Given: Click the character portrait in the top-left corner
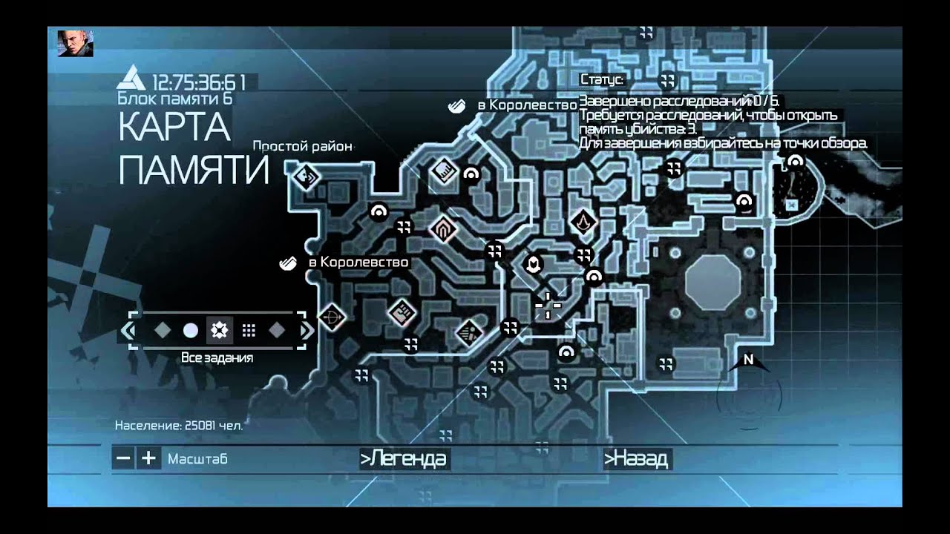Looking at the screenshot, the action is point(75,43).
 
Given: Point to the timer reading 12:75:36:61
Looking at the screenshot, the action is point(199,82).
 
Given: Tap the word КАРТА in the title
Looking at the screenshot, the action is point(174,129).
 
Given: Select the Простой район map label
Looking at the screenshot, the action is point(302,146).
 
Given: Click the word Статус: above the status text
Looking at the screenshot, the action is point(602,80).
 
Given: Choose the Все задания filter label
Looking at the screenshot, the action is point(217,357).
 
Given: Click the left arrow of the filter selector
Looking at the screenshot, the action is point(129,331).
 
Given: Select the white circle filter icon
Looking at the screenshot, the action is point(191,331).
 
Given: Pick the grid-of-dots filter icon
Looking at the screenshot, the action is point(249,331).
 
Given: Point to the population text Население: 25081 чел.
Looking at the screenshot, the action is point(179,426).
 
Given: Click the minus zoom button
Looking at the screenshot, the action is point(124,458).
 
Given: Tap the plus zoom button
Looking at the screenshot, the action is point(149,458).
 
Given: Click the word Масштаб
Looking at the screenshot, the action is point(197,459).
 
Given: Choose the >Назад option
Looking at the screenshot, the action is point(636,459).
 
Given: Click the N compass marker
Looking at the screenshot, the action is point(748,360).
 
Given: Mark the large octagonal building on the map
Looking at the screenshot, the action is point(712,282).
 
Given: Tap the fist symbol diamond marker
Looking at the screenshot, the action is point(402,312).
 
